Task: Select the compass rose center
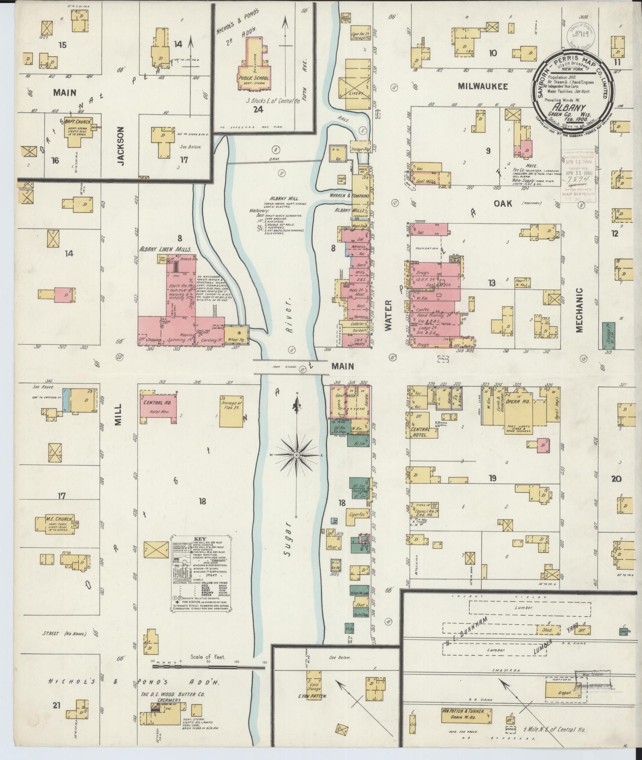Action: point(296,455)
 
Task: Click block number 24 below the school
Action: point(258,110)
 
